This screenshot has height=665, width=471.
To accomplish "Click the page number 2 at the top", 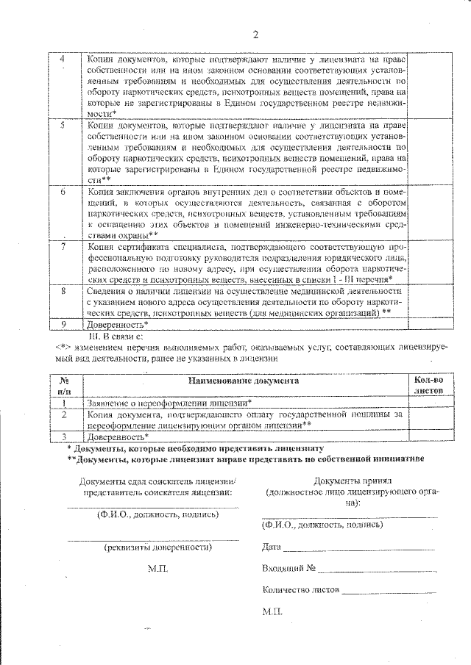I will coord(256,35).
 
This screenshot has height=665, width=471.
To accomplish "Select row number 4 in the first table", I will coord(61,58).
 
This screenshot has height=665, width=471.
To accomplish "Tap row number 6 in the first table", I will coord(63,192).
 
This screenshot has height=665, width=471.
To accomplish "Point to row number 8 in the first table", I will coord(63,291).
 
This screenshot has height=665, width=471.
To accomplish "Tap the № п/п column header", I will coord(64,387).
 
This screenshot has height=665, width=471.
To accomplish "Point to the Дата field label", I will coord(271,547).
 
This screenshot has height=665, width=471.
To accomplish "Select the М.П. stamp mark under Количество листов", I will coord(272,611).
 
